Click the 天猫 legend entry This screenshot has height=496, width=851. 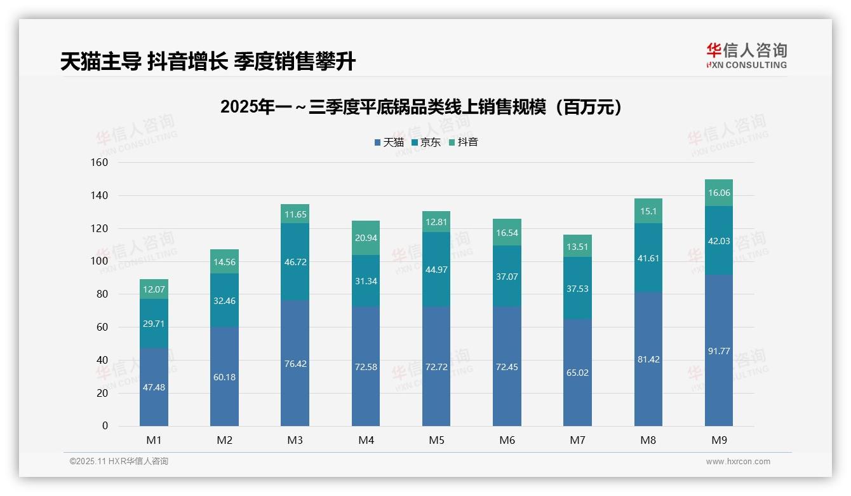coord(389,142)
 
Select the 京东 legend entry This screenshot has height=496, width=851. coord(426,142)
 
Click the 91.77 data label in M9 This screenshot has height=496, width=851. coord(719,351)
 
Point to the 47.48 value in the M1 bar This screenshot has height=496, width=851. coord(154,387)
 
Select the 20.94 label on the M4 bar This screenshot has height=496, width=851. coord(366,238)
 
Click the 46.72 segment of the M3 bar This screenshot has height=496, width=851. coord(295,261)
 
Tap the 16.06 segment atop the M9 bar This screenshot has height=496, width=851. coord(719,193)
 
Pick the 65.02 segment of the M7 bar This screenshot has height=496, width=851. coord(577,373)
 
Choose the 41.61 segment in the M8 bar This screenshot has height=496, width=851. coord(648,258)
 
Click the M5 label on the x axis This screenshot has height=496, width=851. coord(436,440)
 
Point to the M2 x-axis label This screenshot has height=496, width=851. coord(224,440)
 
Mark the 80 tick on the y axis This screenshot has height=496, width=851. coord(101,294)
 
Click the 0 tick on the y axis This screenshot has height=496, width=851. coord(105,426)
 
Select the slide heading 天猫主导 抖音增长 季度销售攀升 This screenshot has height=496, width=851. coord(208,62)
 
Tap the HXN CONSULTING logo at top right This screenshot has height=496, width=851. coord(746,56)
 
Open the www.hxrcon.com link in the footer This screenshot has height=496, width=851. coord(738,462)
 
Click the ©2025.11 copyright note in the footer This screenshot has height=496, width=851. coord(119,462)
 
